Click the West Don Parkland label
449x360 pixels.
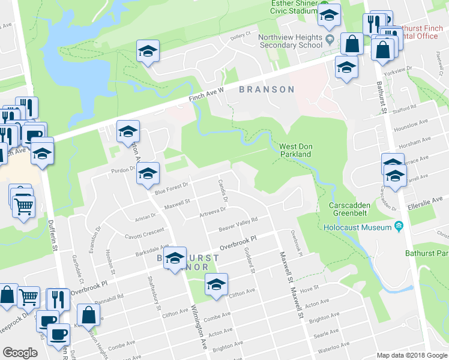point(295,150)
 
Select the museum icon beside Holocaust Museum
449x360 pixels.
point(398,227)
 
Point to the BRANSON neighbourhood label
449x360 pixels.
point(267,90)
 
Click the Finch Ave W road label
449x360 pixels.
point(204,95)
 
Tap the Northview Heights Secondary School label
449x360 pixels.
point(291,41)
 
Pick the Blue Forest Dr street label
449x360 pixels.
point(172,188)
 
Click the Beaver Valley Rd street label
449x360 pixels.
point(238,224)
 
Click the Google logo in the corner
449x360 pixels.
point(20,353)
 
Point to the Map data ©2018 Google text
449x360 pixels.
point(412,355)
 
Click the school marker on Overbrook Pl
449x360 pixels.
point(175,258)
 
